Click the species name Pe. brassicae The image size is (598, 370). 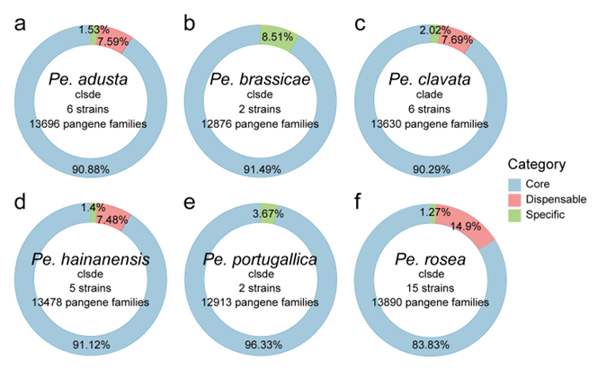(x=260, y=80)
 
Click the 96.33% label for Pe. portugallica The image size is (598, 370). (x=260, y=344)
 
